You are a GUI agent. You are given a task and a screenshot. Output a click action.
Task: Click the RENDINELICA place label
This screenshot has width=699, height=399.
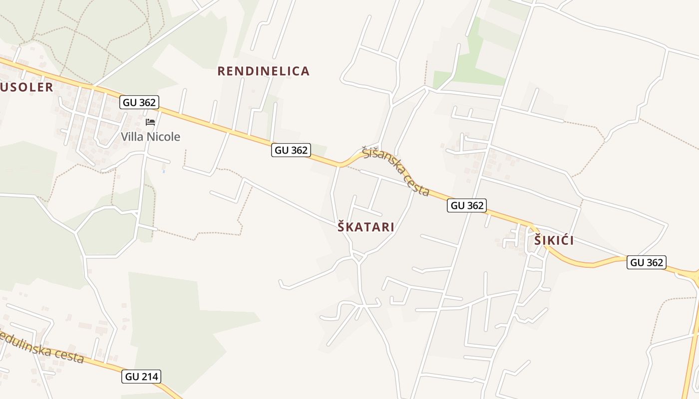(x=263, y=71)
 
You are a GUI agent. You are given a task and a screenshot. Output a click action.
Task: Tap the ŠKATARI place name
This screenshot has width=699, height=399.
(x=366, y=227)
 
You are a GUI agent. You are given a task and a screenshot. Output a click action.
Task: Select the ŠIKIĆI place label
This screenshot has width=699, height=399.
(x=554, y=240)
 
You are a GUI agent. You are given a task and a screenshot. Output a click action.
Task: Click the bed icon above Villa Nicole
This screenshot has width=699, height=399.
(x=150, y=122)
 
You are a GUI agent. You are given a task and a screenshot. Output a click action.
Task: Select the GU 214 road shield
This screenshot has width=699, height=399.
(x=142, y=377)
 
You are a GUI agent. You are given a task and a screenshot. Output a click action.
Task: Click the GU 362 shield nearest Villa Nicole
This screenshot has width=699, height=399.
(x=139, y=103)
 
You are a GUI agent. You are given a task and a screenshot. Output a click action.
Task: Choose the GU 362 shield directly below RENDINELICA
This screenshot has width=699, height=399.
(x=291, y=150)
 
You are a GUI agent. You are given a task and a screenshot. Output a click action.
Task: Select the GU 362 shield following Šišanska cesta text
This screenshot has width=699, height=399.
(x=466, y=205)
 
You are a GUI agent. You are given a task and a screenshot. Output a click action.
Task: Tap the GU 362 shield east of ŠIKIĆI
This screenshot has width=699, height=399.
(x=647, y=262)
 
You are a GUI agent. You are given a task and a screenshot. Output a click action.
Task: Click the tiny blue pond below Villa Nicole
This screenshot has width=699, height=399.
(x=163, y=171)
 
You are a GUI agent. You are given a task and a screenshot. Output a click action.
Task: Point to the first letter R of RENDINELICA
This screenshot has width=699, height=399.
(x=221, y=71)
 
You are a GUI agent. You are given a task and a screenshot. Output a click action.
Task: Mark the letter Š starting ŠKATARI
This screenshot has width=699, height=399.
(x=342, y=227)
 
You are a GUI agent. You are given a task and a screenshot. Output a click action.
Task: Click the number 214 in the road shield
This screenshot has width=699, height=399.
(x=149, y=377)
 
